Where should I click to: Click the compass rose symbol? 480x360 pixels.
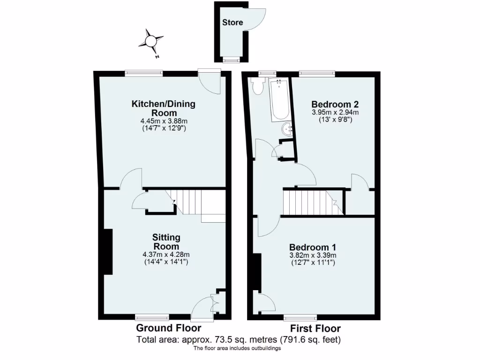pyautogui.click(x=151, y=42)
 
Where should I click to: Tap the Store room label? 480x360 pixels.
pyautogui.click(x=232, y=22)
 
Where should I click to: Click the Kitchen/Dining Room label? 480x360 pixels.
pyautogui.click(x=163, y=108)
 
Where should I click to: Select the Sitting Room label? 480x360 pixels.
pyautogui.click(x=166, y=242)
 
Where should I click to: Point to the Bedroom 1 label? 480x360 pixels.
pyautogui.click(x=312, y=247)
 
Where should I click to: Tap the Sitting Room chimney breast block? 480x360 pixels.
pyautogui.click(x=108, y=252)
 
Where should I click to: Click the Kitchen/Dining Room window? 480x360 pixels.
pyautogui.click(x=143, y=73)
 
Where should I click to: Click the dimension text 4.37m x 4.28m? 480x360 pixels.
pyautogui.click(x=166, y=255)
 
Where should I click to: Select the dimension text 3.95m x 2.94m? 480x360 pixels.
pyautogui.click(x=332, y=112)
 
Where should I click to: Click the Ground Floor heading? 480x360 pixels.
pyautogui.click(x=168, y=328)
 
